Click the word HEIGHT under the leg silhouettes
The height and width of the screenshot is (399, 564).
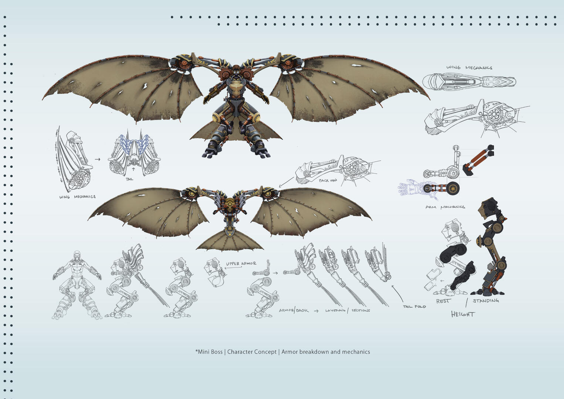coord(463,314)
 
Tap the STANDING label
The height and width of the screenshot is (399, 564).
coord(486,301)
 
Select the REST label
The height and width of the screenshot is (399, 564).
coord(443,301)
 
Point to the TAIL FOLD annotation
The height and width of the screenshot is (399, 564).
coord(414,307)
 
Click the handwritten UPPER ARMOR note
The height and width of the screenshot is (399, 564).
coord(241,263)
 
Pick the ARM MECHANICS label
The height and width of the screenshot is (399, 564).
coord(445,207)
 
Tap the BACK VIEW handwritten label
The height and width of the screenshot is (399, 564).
coord(328,180)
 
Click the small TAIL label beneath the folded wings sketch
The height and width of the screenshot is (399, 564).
coord(129,179)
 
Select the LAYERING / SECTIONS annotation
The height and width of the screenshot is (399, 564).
coord(347,310)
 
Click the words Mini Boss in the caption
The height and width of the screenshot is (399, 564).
coord(210,352)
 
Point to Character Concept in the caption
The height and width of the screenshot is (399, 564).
coord(251,352)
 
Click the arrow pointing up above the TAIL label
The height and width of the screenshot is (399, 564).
coord(133,171)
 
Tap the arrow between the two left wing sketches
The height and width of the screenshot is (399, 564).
coord(98,159)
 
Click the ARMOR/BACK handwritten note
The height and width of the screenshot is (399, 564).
coord(294,310)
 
